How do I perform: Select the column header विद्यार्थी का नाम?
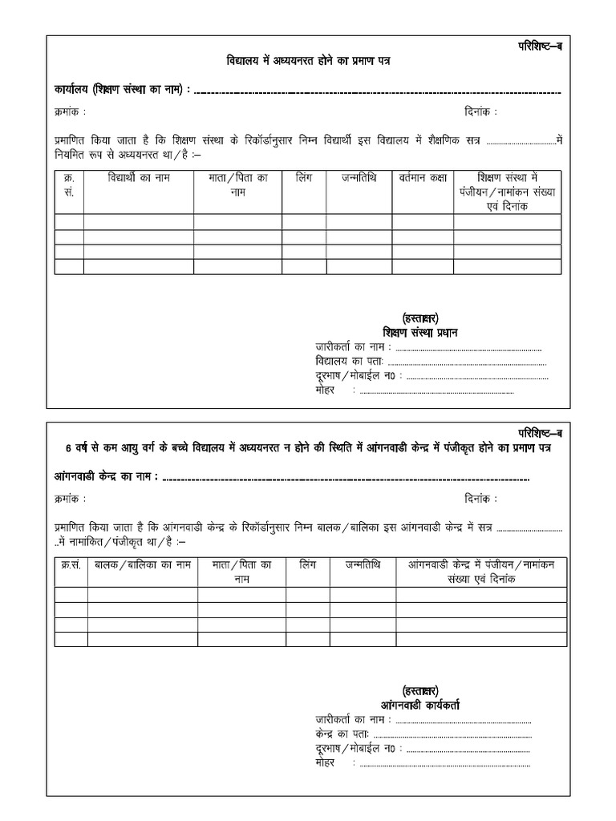(x=139, y=178)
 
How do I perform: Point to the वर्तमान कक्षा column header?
(x=422, y=178)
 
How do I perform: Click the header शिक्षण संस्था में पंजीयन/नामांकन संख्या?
(x=506, y=192)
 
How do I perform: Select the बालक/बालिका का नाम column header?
(x=143, y=565)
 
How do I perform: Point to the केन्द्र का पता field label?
(x=342, y=734)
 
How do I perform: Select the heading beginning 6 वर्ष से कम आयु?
(x=308, y=447)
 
